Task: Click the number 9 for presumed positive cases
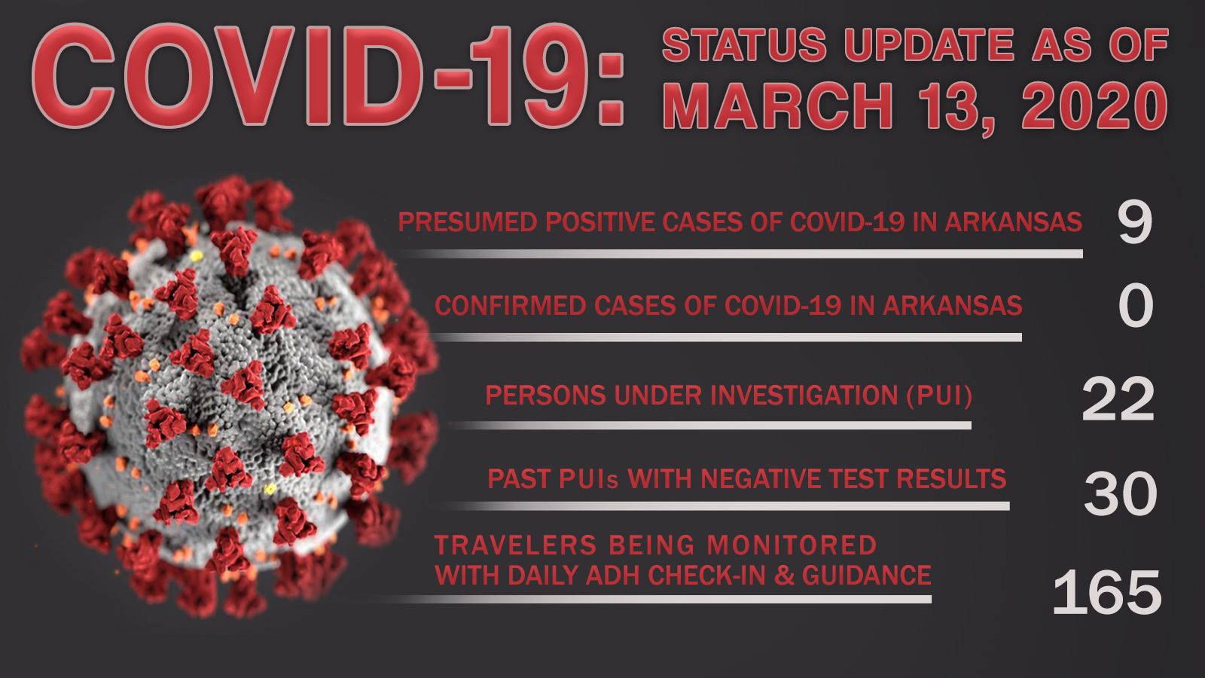pos(1134,223)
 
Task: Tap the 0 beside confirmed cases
pos(1136,306)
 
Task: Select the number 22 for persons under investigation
pos(1118,400)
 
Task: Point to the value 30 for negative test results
pos(1120,494)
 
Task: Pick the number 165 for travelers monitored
pos(1107,592)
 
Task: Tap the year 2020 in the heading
pos(1095,106)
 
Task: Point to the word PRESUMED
pos(468,221)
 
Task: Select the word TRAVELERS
pos(515,545)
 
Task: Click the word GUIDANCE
pos(867,575)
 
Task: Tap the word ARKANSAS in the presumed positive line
pos(1014,221)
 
